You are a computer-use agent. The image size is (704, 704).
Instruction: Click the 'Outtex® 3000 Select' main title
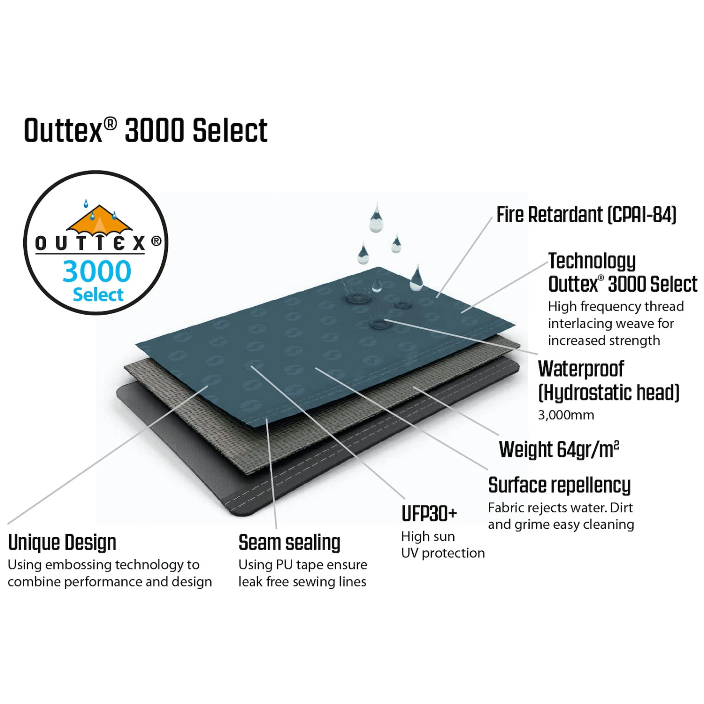(x=146, y=130)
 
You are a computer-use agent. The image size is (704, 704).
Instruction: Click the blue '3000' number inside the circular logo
(x=97, y=271)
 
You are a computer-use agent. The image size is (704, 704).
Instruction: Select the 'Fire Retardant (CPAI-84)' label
(x=586, y=215)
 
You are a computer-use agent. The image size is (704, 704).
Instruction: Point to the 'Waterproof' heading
(x=581, y=369)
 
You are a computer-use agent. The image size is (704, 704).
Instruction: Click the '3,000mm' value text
(x=566, y=415)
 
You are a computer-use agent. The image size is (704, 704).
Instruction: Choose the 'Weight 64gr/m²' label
(x=559, y=450)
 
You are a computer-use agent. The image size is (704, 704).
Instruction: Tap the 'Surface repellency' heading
(x=559, y=486)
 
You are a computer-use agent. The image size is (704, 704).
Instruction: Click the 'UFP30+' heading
(x=429, y=513)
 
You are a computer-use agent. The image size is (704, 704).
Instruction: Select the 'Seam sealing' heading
(x=289, y=543)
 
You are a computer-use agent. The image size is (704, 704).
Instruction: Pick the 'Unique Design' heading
(x=62, y=543)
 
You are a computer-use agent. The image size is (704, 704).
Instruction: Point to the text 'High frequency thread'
(x=616, y=306)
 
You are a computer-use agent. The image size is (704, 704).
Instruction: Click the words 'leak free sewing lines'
(x=302, y=582)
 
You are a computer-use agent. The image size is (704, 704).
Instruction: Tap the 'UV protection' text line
(x=443, y=553)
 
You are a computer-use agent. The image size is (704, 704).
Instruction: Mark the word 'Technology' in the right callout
(x=592, y=261)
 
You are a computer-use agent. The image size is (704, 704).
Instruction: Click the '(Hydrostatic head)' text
(x=609, y=392)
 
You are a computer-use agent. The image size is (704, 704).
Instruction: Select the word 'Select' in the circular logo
(x=98, y=295)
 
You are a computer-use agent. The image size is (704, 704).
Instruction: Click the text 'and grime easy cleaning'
(x=561, y=524)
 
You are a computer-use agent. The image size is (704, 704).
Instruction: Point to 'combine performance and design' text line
(x=110, y=582)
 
